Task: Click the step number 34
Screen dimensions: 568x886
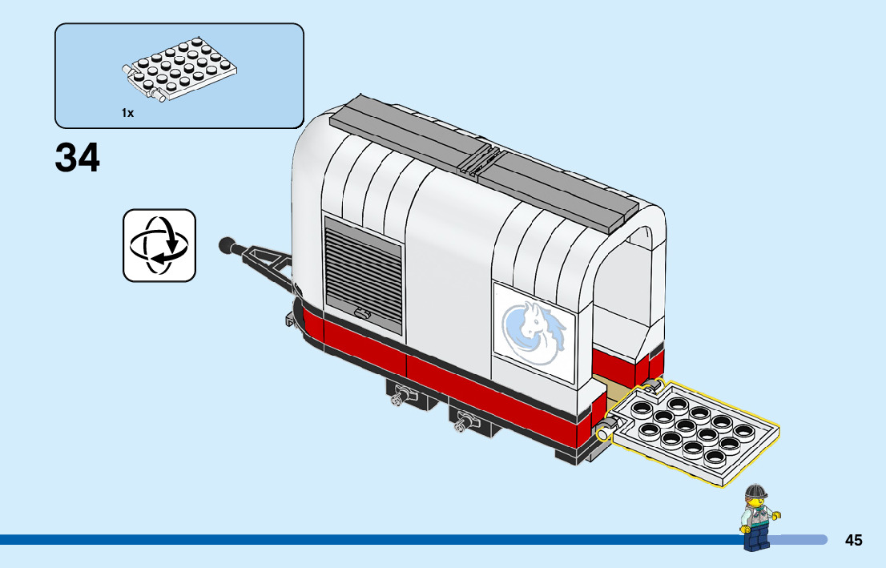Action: pyautogui.click(x=78, y=158)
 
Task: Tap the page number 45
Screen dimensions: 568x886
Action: pyautogui.click(x=853, y=540)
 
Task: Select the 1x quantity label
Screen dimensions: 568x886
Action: pyautogui.click(x=127, y=113)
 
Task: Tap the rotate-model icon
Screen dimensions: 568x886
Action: pyautogui.click(x=159, y=245)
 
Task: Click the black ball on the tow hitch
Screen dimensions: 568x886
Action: pyautogui.click(x=227, y=242)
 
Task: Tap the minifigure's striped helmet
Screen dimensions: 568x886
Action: pyautogui.click(x=755, y=491)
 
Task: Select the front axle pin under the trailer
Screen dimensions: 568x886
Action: pyautogui.click(x=398, y=395)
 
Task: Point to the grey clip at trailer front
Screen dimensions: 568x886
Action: pyautogui.click(x=289, y=320)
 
